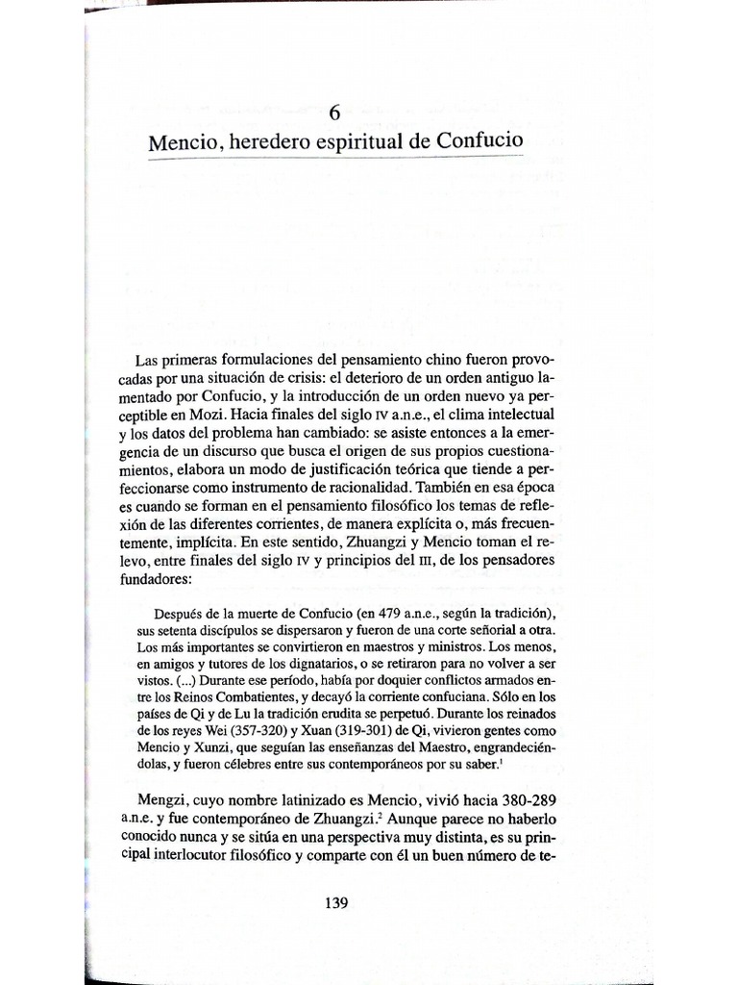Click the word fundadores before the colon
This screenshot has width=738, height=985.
click(169, 578)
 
